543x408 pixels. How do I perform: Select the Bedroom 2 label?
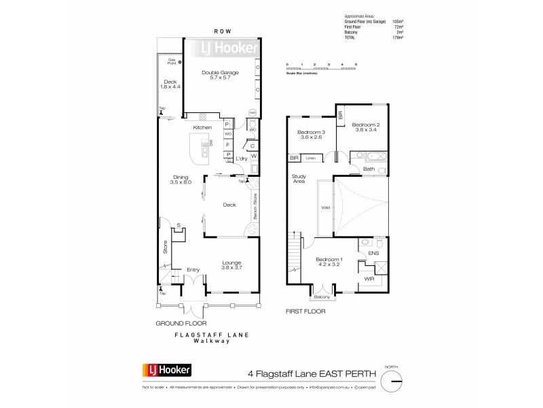point(365,126)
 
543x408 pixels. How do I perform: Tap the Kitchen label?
point(202,128)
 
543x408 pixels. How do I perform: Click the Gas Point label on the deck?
point(173,62)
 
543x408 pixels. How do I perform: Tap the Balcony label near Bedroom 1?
point(321,297)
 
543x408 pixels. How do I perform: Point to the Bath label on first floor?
point(369,169)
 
